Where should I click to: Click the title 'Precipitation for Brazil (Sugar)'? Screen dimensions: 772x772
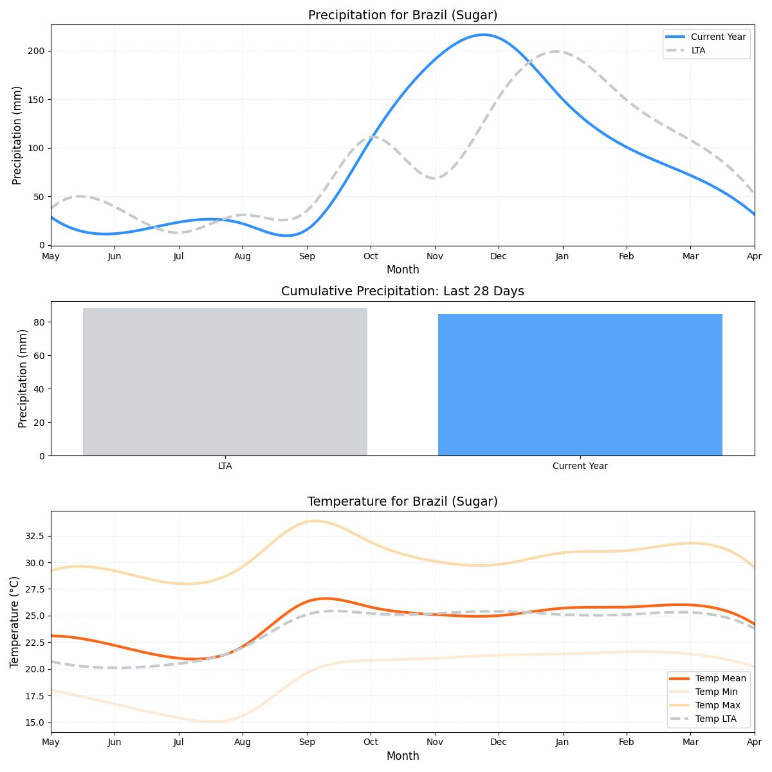pos(403,15)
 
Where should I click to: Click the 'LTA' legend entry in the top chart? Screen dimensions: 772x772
pos(698,50)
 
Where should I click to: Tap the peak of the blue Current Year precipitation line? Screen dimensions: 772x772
pos(484,35)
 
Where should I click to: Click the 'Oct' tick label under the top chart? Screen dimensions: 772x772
pos(371,257)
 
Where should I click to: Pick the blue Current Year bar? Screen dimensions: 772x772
pos(580,385)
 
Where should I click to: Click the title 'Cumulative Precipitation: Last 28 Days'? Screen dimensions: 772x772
pos(403,291)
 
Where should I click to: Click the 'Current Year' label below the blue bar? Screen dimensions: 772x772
pos(580,466)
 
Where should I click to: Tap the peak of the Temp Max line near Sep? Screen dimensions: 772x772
pos(314,520)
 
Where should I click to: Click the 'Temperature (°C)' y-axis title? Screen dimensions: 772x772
pos(15,621)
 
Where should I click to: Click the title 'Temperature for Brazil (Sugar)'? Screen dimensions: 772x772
pos(403,502)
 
